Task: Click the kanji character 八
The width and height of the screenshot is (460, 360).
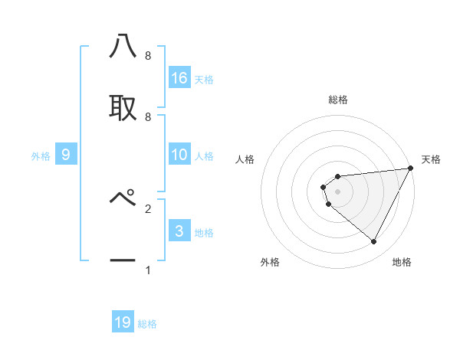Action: (x=123, y=47)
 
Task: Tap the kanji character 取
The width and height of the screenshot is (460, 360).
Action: (x=123, y=107)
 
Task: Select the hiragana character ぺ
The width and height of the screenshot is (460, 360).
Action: (x=123, y=198)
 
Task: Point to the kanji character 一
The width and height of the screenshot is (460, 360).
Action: (x=123, y=260)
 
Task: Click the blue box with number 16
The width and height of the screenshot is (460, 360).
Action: (x=179, y=77)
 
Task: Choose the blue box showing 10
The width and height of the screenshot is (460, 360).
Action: (x=179, y=155)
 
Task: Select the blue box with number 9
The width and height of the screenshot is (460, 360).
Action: (x=66, y=155)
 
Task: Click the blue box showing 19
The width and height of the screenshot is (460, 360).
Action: (x=123, y=322)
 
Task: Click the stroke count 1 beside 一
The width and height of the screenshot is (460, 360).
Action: (x=147, y=270)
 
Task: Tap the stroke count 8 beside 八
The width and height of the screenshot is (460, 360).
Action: (x=147, y=57)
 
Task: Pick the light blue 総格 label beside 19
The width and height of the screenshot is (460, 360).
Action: (x=147, y=324)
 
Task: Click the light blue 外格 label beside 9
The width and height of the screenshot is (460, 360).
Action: (x=41, y=156)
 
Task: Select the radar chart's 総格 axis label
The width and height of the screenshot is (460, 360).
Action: (x=338, y=100)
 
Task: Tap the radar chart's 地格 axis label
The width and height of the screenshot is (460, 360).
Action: (x=402, y=262)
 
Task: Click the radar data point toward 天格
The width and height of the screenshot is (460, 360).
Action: (x=410, y=169)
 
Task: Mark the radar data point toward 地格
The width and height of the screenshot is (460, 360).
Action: (x=373, y=242)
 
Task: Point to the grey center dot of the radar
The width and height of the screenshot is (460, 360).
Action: (x=338, y=191)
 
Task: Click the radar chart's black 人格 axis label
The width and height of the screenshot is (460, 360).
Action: (x=245, y=159)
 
